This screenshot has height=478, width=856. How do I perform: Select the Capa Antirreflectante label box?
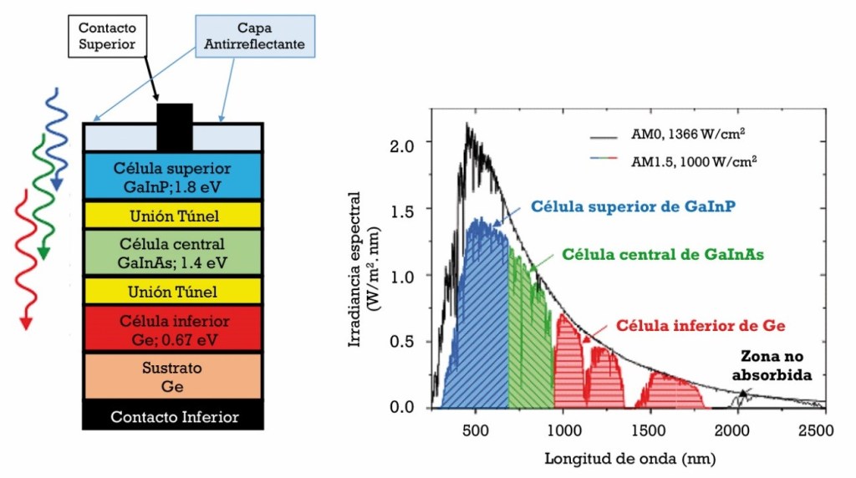[255, 34]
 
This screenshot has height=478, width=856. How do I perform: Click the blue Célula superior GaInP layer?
[174, 176]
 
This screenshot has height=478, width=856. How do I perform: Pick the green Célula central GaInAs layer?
[174, 253]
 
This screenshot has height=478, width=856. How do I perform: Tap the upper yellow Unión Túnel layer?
[174, 216]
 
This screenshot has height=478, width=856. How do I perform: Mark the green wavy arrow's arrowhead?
[43, 253]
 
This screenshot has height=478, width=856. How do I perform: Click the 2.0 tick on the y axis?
[403, 144]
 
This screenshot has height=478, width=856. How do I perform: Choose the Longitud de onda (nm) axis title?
[629, 459]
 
